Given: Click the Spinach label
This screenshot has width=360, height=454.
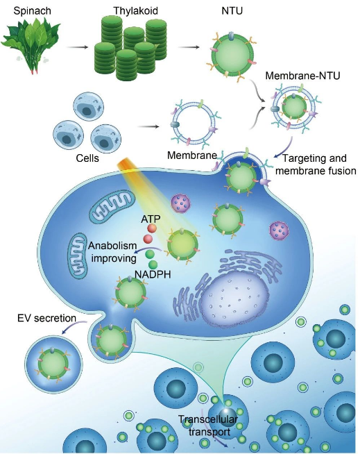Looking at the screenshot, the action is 32,11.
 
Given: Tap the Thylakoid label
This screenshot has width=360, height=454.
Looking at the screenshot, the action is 135,10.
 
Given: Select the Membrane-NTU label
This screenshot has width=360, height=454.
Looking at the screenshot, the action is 302,76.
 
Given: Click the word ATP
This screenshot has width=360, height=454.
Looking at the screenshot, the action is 151,219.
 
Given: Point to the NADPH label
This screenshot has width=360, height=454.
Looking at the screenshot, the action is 153,274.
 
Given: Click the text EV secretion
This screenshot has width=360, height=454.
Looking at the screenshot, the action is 46,318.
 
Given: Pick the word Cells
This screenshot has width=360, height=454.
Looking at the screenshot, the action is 87,158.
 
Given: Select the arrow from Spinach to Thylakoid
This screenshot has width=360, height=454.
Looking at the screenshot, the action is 77,47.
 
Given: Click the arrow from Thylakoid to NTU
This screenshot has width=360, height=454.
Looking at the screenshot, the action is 189,47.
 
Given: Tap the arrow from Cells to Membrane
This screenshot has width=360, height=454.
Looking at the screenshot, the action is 148,126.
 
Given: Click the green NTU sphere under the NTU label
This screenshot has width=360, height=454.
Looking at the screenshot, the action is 232,55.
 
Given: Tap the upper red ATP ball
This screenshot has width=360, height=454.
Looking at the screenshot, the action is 152,228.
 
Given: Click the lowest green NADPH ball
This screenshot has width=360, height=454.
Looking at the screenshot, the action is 153,264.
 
